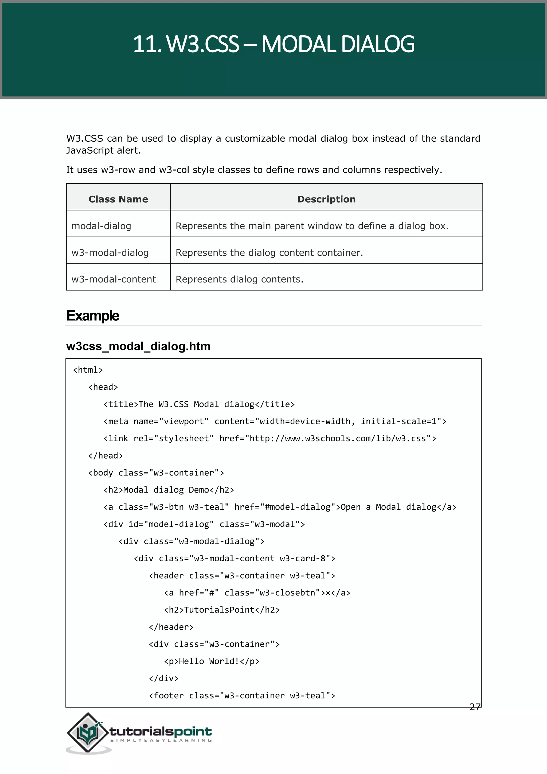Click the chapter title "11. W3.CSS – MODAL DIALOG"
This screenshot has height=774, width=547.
[x=273, y=44]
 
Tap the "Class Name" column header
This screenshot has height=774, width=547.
[x=118, y=199]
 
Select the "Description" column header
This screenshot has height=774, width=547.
[x=326, y=199]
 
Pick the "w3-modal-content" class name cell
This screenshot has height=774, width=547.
[x=114, y=279]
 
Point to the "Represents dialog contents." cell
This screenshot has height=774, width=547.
[x=240, y=279]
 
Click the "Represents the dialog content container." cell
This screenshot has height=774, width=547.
[x=269, y=253]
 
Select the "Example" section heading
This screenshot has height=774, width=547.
[x=93, y=316]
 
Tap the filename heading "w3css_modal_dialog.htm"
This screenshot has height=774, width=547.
[x=138, y=346]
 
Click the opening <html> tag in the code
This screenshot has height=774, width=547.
[x=88, y=370]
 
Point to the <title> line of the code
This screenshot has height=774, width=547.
[x=199, y=404]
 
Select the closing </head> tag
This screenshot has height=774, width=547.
[x=106, y=456]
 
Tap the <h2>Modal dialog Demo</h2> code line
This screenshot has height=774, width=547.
[x=169, y=490]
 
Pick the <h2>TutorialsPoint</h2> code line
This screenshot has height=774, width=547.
[x=222, y=610]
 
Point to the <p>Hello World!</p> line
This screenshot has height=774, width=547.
[x=212, y=661]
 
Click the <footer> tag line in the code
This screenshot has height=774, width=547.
[x=242, y=695]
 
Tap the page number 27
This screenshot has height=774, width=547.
[x=475, y=707]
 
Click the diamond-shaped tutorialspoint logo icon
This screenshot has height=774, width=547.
[x=88, y=732]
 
